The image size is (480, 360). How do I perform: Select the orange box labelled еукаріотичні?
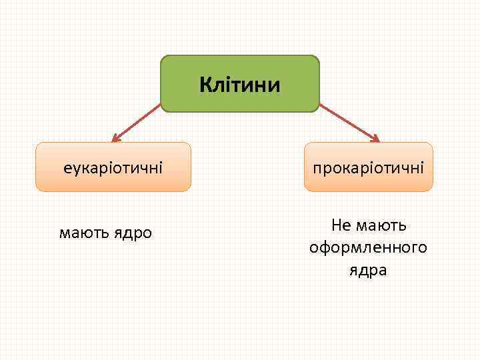tap(113, 167)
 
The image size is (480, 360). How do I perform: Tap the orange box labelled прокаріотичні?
tap(368, 167)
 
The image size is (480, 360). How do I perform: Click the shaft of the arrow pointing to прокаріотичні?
tap(348, 121)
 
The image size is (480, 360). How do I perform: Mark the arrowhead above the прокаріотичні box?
tap(375, 139)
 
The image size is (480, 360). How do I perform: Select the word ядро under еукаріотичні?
tap(131, 233)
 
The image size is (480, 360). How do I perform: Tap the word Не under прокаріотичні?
tap(341, 226)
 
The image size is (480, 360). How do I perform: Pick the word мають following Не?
tap(383, 226)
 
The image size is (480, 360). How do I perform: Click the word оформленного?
tap(368, 248)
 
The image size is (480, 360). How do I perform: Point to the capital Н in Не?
tap(336, 226)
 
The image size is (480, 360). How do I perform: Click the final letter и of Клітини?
tap(275, 85)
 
